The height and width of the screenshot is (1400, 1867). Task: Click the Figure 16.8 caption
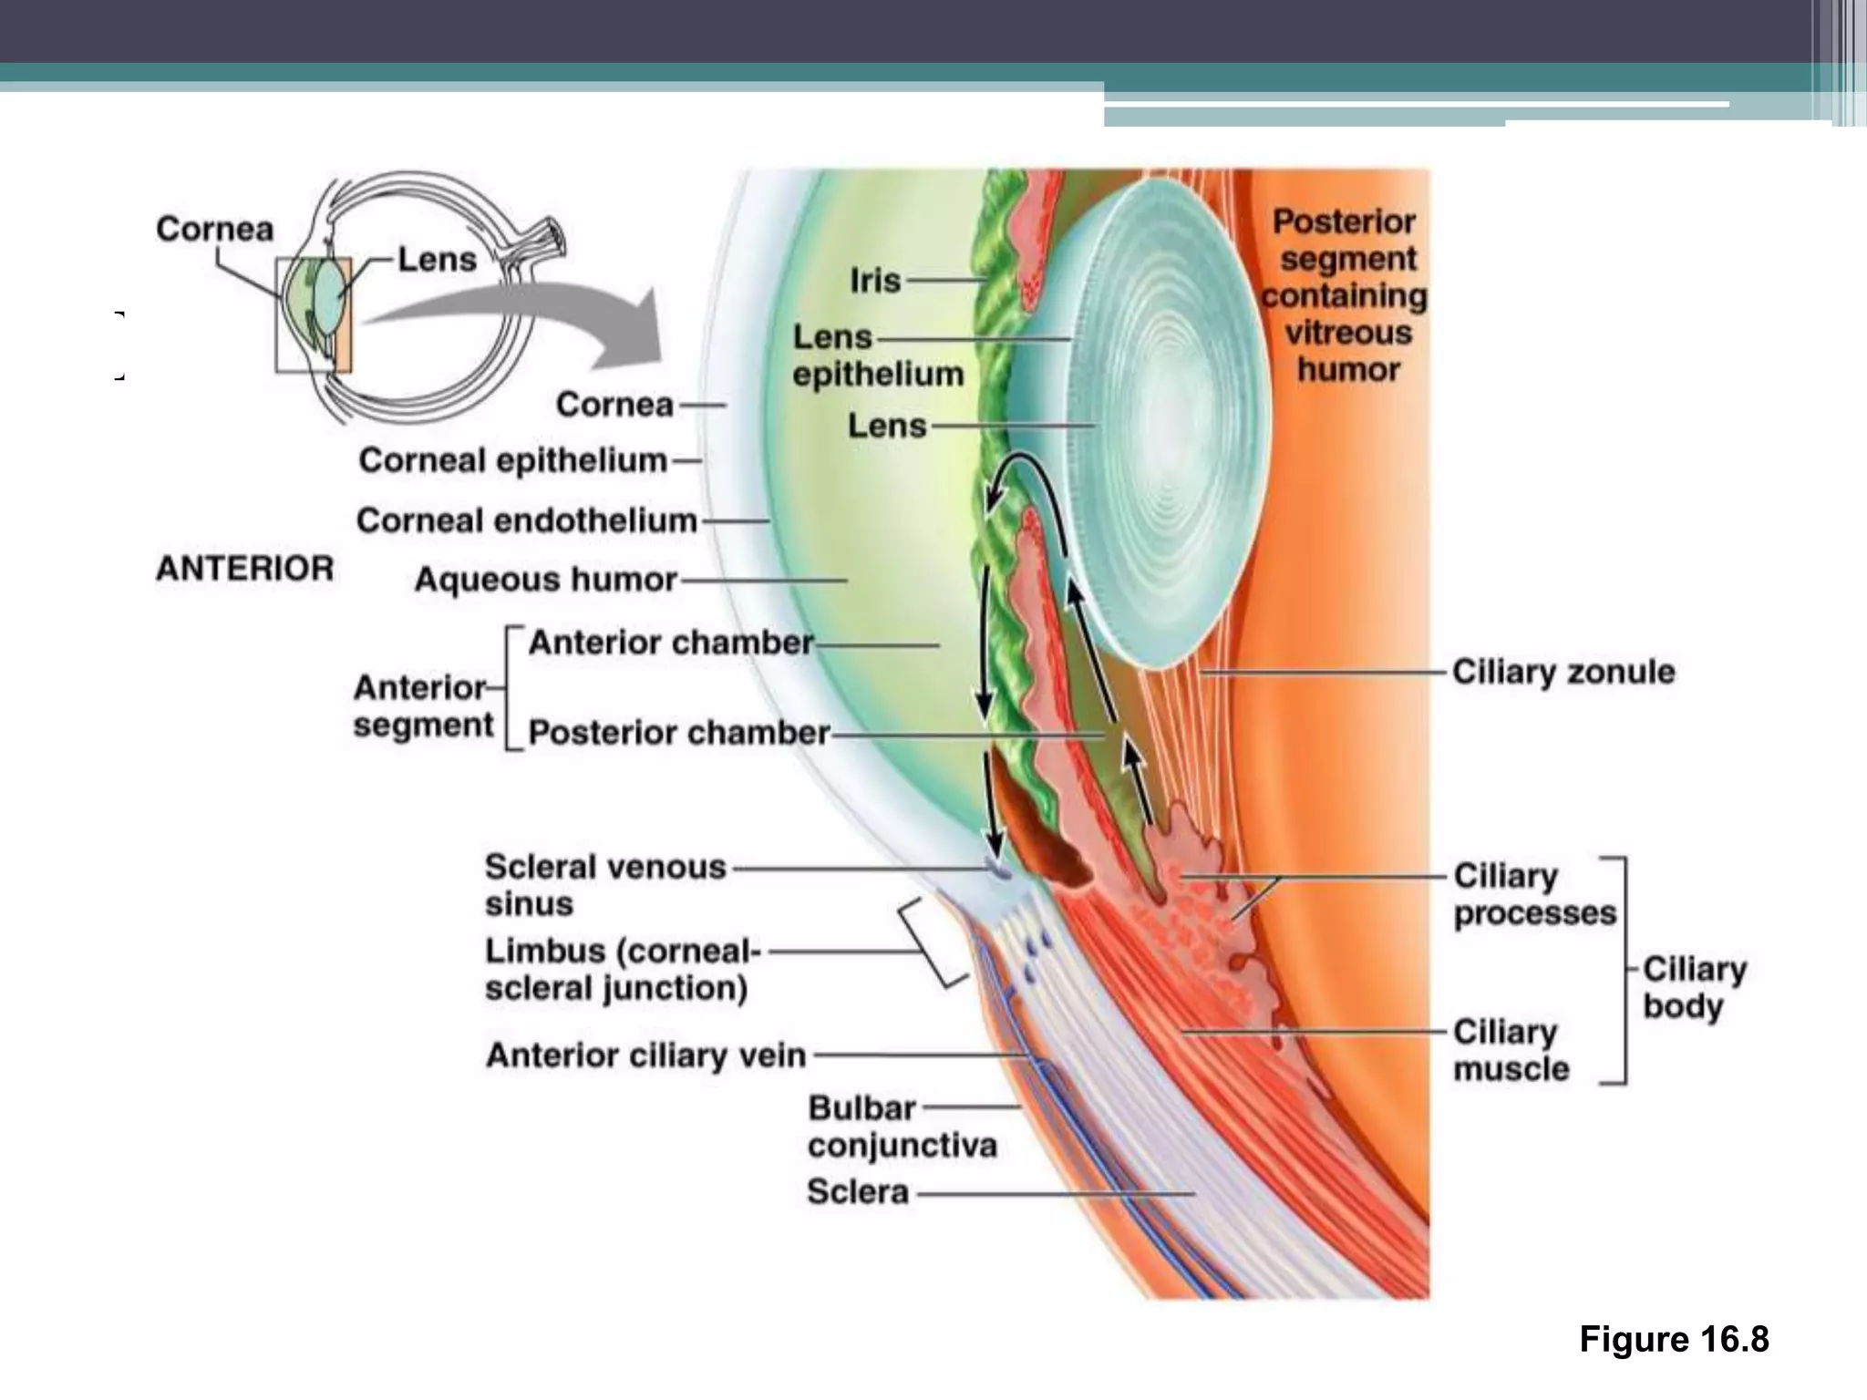click(1674, 1340)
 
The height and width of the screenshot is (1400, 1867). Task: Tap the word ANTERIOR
click(244, 569)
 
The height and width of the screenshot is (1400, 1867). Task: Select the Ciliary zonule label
click(1563, 672)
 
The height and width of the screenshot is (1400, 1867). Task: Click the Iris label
click(874, 281)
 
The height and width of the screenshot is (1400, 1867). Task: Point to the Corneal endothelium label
click(526, 520)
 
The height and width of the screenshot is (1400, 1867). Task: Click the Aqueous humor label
click(545, 580)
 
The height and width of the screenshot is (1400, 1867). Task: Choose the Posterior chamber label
click(678, 733)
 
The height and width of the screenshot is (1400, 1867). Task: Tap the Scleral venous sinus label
click(604, 884)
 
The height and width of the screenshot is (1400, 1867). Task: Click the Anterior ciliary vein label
click(645, 1055)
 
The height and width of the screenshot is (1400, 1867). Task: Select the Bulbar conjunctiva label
click(901, 1127)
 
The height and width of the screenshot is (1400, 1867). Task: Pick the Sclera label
click(857, 1192)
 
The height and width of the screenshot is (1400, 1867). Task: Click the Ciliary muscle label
click(1510, 1050)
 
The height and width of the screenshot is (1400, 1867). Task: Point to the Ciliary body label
click(1694, 987)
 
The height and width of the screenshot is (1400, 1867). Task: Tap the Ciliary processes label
click(1533, 894)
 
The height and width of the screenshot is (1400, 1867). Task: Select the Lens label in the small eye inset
click(437, 260)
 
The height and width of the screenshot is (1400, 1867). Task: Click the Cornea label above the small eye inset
click(214, 229)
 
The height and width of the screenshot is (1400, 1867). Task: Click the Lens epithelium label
click(876, 355)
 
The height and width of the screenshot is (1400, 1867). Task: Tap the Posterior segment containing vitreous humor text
click(1346, 295)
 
